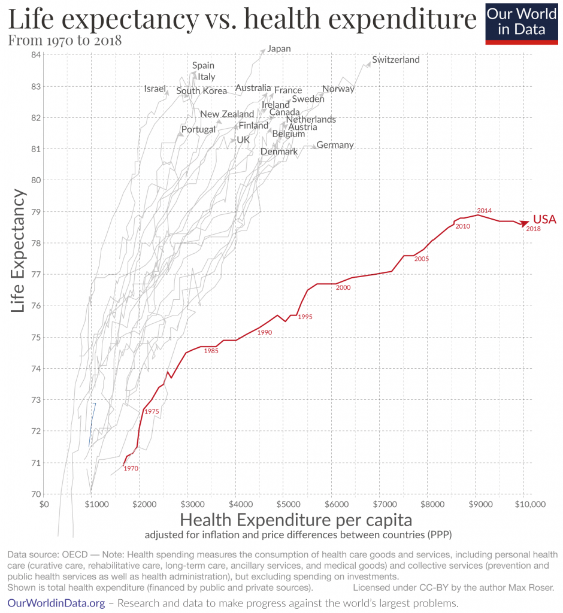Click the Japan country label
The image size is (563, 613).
279,48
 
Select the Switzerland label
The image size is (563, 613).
395,60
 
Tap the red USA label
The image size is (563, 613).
544,220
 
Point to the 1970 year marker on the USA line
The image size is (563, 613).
131,469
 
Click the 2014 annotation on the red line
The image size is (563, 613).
484,211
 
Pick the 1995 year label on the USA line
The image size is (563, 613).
305,317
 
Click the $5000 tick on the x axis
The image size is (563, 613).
284,505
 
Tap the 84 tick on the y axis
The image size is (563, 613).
35,55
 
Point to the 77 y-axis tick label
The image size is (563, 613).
35,275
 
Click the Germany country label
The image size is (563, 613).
335,145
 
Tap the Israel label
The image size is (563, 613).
155,89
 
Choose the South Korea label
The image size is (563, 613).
201,91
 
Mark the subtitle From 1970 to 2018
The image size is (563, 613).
65,41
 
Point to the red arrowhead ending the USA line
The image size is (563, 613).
525,224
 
